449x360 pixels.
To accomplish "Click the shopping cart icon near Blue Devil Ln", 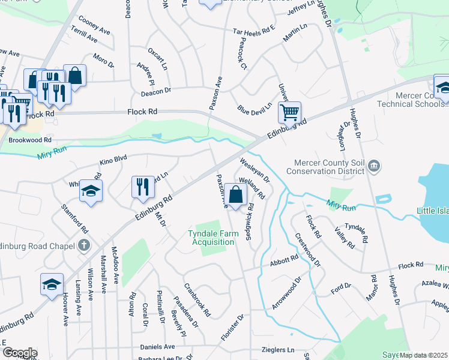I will pos(289,112).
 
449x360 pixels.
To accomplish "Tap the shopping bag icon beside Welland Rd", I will pos(237,194).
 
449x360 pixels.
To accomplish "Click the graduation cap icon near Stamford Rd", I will pos(91,190).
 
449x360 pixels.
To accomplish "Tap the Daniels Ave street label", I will pos(157,347).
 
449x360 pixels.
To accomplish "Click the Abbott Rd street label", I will pos(284,260).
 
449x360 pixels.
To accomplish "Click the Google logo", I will pos(19,353).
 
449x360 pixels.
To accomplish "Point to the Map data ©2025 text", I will pos(423,355).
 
